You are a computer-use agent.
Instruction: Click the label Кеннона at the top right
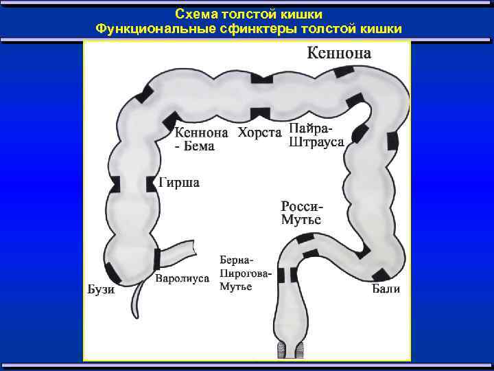[338, 53]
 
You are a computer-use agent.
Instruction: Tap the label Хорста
[259, 133]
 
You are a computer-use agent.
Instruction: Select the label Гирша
[179, 183]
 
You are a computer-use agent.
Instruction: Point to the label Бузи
[101, 289]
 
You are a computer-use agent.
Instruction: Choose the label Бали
[386, 289]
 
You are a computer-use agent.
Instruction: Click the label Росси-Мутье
[301, 213]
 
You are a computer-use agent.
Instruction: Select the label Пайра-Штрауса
[316, 135]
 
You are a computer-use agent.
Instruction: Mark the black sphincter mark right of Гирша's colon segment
[151, 184]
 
